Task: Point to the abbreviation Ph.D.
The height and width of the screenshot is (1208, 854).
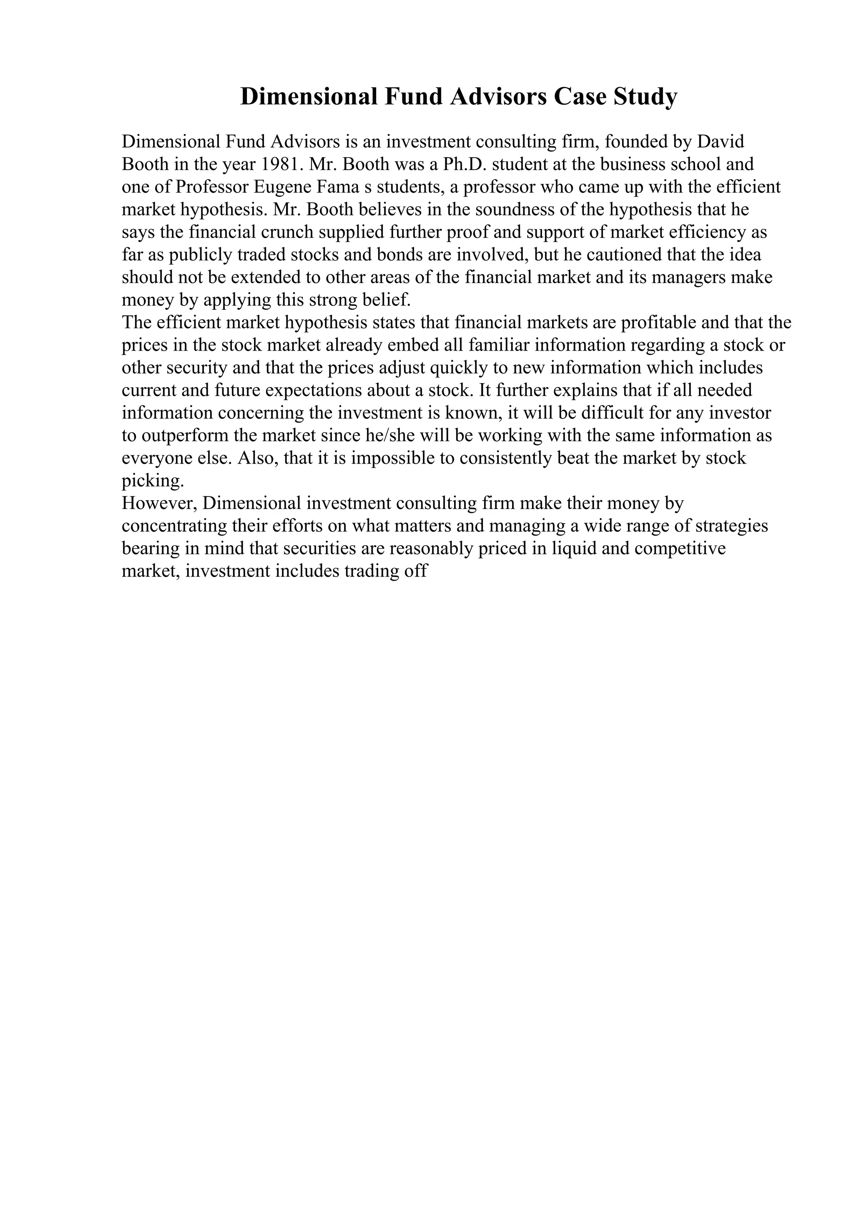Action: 465,164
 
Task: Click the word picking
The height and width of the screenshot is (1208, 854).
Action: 153,481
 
